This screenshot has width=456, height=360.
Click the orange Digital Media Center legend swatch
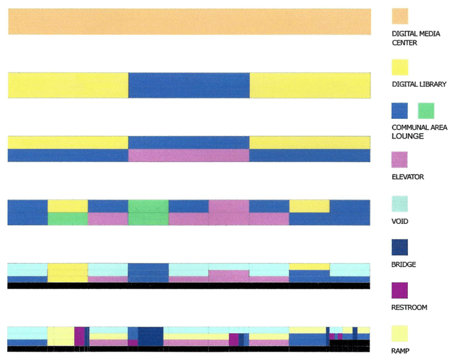(400, 16)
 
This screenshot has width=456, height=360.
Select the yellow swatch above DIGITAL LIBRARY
(400, 67)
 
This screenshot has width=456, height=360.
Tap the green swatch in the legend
(426, 111)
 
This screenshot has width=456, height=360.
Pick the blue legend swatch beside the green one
(400, 111)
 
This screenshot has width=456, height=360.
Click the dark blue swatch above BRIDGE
(400, 247)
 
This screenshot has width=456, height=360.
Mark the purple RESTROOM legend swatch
(400, 290)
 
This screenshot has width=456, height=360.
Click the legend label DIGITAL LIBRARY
(419, 84)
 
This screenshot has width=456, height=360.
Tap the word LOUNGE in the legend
(408, 136)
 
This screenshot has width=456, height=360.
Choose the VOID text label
(401, 221)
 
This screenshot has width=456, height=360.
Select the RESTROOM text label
(410, 308)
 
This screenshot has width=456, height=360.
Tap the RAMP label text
(401, 351)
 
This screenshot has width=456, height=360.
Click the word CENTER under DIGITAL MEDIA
(404, 43)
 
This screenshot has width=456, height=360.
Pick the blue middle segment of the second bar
(188, 85)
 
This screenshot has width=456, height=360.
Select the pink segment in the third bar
(188, 155)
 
